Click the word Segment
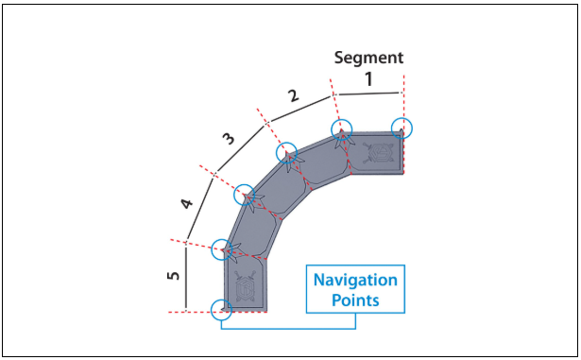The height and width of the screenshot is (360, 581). click(x=368, y=59)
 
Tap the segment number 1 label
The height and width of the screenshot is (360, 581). click(x=368, y=79)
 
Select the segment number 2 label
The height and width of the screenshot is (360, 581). click(x=293, y=96)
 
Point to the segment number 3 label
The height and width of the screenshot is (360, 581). click(x=229, y=139)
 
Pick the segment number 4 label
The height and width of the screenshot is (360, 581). click(x=186, y=203)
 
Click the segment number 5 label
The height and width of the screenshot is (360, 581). click(x=173, y=276)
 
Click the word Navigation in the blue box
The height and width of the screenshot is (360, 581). click(x=355, y=280)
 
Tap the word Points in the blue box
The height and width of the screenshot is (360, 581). click(x=355, y=300)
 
